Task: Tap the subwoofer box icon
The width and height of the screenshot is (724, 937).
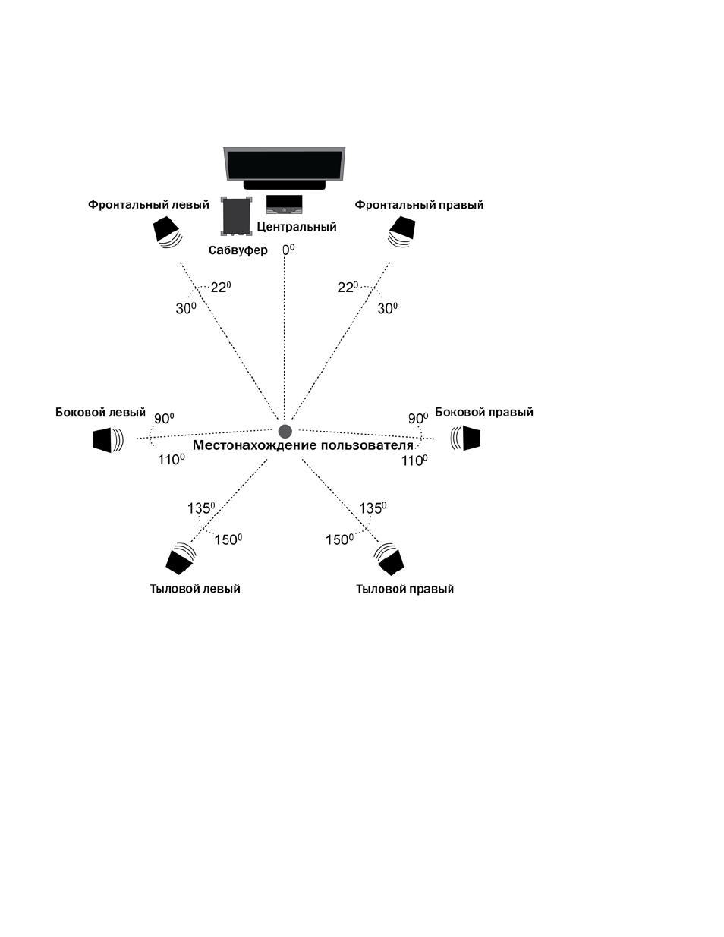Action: point(236,216)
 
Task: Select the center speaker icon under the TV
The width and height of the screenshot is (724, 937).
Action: point(284,204)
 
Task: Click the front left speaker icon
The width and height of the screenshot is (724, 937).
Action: point(168,233)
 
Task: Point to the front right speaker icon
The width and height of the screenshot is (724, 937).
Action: point(401,232)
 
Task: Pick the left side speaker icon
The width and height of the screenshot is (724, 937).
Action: point(109,440)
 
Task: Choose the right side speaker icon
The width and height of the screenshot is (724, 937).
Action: point(465,438)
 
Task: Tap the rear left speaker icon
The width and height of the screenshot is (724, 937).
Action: point(181,558)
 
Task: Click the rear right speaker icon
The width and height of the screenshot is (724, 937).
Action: point(389,559)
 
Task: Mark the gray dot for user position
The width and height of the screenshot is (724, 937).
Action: point(285,431)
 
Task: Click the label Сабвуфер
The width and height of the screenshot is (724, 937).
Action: point(238,250)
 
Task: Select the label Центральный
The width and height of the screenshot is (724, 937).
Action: point(297,227)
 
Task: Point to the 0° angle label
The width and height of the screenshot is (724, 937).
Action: point(288,250)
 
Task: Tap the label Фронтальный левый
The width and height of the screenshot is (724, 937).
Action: point(149,204)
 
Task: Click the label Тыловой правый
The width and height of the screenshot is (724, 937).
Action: point(405,589)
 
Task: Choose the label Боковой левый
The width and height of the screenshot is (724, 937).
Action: point(100,412)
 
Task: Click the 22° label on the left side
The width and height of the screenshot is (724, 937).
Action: point(221,287)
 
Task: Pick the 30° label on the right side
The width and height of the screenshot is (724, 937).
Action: point(388,308)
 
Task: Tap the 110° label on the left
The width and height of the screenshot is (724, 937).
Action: point(172,460)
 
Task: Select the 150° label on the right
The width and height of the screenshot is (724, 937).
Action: point(339,539)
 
